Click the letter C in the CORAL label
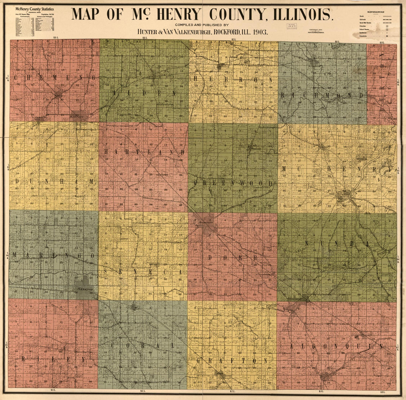(x=112, y=345)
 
